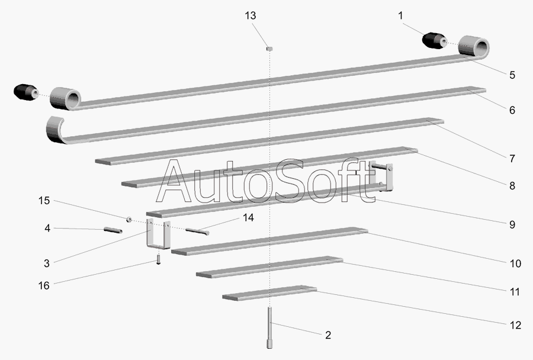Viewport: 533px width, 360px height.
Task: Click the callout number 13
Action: click(x=251, y=15)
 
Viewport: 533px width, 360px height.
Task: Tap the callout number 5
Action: click(x=512, y=75)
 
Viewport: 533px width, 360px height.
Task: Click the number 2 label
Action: click(x=327, y=335)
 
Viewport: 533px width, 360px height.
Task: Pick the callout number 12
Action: click(x=514, y=325)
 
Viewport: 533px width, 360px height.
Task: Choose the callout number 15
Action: click(x=44, y=201)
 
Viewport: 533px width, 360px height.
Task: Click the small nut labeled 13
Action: click(x=268, y=48)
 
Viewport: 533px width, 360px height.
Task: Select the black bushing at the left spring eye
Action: click(x=25, y=92)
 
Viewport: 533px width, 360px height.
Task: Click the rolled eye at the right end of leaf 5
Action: click(x=476, y=46)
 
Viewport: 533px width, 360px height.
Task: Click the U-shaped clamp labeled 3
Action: click(x=159, y=236)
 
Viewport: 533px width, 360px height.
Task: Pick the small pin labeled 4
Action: click(x=112, y=230)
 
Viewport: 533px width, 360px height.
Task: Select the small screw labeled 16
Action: click(x=158, y=260)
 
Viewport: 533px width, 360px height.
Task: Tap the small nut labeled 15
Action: click(x=128, y=219)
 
